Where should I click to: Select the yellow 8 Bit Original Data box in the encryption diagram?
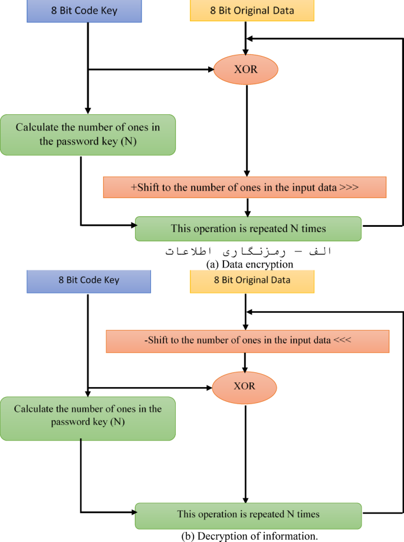point(252,11)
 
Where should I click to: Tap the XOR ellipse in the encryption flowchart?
point(245,70)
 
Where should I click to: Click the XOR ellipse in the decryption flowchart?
point(244,387)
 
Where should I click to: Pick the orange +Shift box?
point(244,187)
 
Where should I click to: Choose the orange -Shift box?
point(248,341)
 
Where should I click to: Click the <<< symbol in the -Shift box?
point(343,341)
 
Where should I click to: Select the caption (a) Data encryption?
point(250,265)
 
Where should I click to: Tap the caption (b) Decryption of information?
point(250,536)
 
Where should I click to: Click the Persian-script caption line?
point(248,251)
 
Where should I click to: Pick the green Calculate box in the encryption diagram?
point(87,135)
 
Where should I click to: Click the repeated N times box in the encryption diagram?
point(248,229)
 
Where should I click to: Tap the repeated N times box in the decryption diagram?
point(248,514)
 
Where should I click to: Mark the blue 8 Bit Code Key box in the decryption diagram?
point(88,280)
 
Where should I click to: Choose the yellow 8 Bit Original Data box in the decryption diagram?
point(252,280)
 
